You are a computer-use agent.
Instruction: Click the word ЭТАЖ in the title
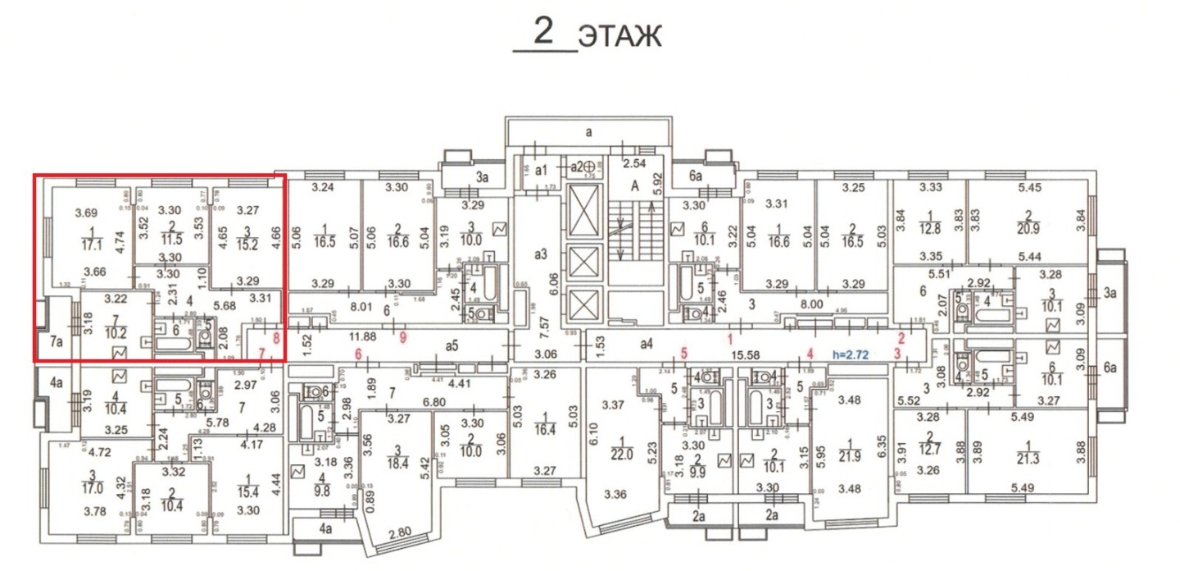click(619, 37)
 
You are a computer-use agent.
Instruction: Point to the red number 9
click(401, 336)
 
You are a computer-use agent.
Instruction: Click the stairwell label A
click(633, 186)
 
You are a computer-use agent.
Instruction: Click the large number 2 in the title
click(543, 31)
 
